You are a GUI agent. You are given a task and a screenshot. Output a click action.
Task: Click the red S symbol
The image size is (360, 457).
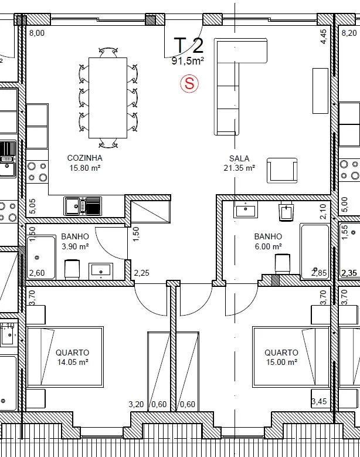coord(189,84)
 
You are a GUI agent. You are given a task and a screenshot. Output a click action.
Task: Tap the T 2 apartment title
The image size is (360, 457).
coord(188,46)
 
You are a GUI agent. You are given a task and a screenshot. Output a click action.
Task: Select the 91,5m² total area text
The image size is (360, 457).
coord(188,61)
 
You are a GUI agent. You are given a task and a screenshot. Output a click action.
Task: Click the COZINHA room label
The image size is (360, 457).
coord(85,158)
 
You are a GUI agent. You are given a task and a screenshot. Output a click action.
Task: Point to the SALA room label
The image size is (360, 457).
coord(239,158)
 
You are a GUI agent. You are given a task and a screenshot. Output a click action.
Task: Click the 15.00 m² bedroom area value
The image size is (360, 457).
coord(281,363)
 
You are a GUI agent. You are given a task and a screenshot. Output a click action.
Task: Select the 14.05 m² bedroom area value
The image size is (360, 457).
coord(73,363)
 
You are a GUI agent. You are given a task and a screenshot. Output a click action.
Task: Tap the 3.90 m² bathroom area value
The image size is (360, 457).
coord(75,246)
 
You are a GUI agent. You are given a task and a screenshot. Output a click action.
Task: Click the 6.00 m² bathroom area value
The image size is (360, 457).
coord(269,246)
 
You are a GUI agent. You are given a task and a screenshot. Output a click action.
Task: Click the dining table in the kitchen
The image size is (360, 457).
coord(108,97)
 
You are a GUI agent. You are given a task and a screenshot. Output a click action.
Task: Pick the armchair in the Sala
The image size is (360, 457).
coord(282,171)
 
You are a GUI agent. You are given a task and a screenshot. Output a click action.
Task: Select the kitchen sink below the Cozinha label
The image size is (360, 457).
coord(83,206)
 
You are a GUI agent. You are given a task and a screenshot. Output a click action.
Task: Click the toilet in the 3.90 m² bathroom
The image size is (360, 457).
coord(72,269)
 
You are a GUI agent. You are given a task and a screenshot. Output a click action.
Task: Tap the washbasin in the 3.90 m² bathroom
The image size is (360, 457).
coord(101,271)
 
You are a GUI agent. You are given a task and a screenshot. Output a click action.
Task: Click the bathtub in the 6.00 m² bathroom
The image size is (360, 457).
coord(315,252)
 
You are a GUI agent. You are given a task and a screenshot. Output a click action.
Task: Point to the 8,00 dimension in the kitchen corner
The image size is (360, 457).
coord(37,33)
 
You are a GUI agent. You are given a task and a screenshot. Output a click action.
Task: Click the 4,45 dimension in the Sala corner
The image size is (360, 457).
coord(324,36)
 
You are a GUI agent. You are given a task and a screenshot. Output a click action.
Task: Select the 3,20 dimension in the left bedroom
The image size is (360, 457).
coord(136,404)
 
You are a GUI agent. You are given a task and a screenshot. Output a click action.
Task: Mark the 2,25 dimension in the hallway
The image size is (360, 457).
coord(141,273)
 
